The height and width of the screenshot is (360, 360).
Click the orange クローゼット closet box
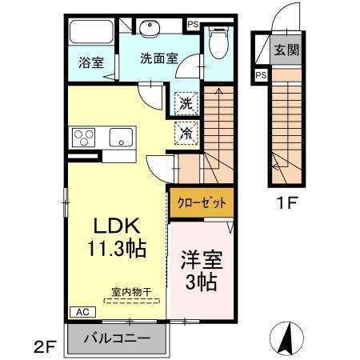coord(201,202)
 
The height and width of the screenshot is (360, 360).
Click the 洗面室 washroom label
coord(158,58)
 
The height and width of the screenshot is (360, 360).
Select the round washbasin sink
coord(150,30)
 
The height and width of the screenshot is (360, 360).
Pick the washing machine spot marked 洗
coord(185,102)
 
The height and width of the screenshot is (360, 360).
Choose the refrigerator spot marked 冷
coord(185,132)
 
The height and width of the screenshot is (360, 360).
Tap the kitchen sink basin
coord(122,136)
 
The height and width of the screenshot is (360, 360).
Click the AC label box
coord(82,312)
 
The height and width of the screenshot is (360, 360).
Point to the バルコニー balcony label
coord(118,338)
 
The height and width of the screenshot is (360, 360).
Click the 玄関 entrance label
coord(286,49)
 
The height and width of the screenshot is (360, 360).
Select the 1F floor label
coord(286,202)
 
